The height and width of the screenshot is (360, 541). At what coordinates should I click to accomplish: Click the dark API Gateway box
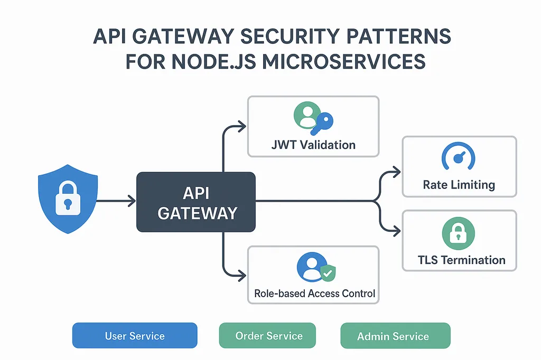(x=196, y=202)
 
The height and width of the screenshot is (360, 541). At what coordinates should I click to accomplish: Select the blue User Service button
(x=135, y=336)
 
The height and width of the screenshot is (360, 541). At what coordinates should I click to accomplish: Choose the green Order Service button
(x=267, y=336)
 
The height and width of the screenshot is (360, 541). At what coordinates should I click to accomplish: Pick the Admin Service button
(x=395, y=336)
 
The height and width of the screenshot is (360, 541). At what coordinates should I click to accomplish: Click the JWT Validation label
(x=313, y=145)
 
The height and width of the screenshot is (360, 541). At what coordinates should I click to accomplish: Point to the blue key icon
(x=322, y=124)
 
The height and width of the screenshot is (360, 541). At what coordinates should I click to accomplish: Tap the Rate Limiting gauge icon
(x=459, y=156)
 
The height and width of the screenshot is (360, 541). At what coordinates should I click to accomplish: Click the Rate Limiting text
(x=459, y=185)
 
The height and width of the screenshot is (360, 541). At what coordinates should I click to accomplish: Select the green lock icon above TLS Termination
(x=459, y=233)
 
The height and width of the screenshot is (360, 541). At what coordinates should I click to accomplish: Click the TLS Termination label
(x=462, y=260)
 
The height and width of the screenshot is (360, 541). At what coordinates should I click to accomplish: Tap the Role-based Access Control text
(x=315, y=293)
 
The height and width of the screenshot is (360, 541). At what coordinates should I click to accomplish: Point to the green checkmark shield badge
(x=328, y=273)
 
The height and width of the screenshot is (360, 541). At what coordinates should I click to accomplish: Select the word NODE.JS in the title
(x=213, y=62)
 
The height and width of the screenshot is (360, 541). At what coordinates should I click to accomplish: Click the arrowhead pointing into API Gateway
(x=132, y=201)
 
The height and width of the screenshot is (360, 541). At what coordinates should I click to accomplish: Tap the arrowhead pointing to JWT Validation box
(x=242, y=126)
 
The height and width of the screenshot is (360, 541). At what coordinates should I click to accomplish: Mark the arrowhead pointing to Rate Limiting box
(x=396, y=172)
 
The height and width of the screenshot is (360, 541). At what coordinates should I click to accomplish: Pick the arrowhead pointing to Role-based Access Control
(x=242, y=276)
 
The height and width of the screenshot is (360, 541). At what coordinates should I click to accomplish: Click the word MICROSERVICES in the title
(x=343, y=62)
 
